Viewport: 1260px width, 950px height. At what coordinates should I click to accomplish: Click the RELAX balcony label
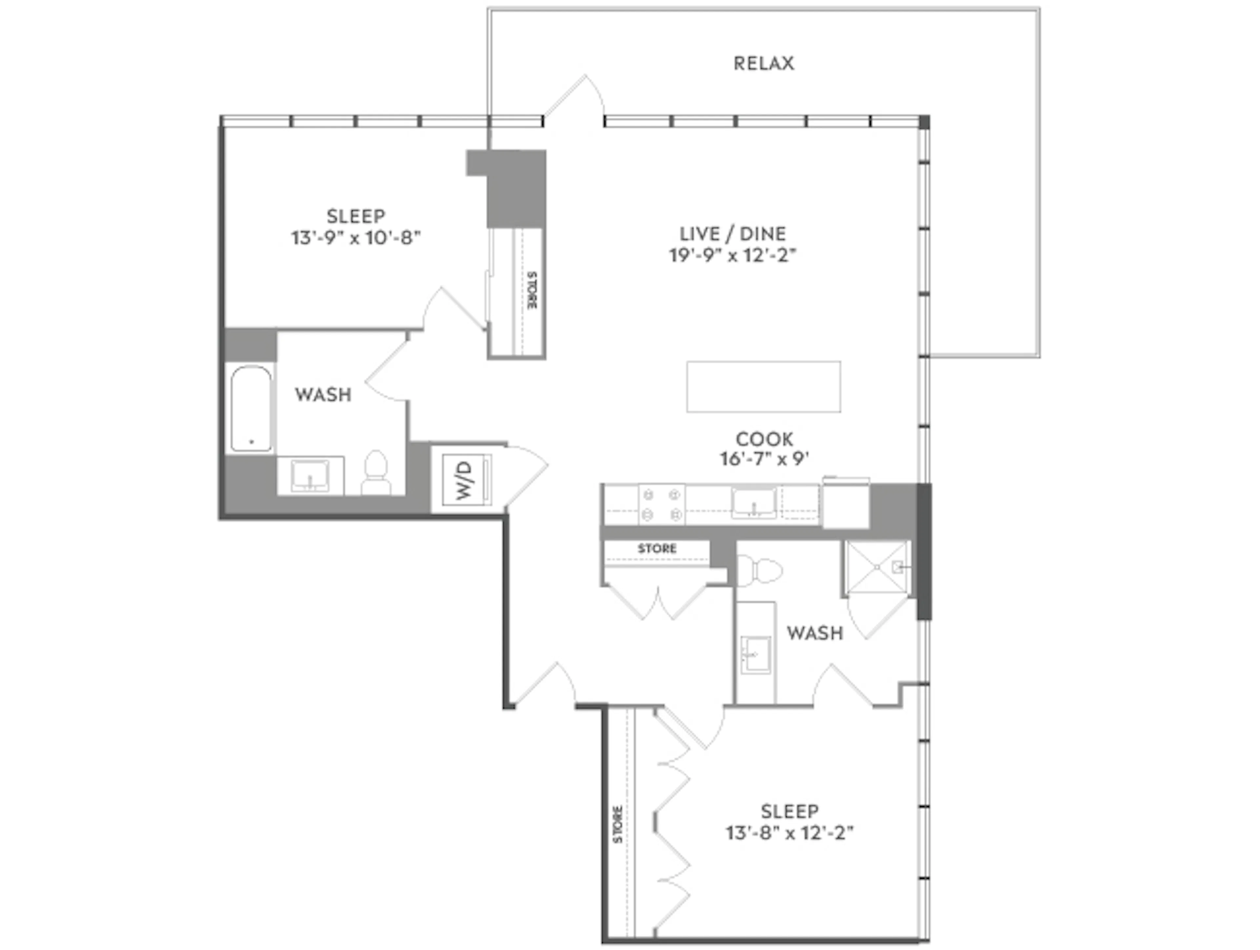pyautogui.click(x=763, y=63)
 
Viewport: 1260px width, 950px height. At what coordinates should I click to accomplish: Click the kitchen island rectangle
pyautogui.click(x=763, y=386)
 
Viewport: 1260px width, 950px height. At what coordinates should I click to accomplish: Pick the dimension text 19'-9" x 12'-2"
pyautogui.click(x=732, y=256)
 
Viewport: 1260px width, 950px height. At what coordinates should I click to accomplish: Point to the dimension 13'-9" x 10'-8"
pyautogui.click(x=356, y=238)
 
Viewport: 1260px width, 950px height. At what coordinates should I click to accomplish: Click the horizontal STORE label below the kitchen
pyautogui.click(x=657, y=548)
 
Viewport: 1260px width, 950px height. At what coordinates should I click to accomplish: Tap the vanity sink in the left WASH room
pyautogui.click(x=310, y=475)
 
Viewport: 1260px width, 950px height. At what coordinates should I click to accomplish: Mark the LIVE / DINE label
pyautogui.click(x=732, y=234)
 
